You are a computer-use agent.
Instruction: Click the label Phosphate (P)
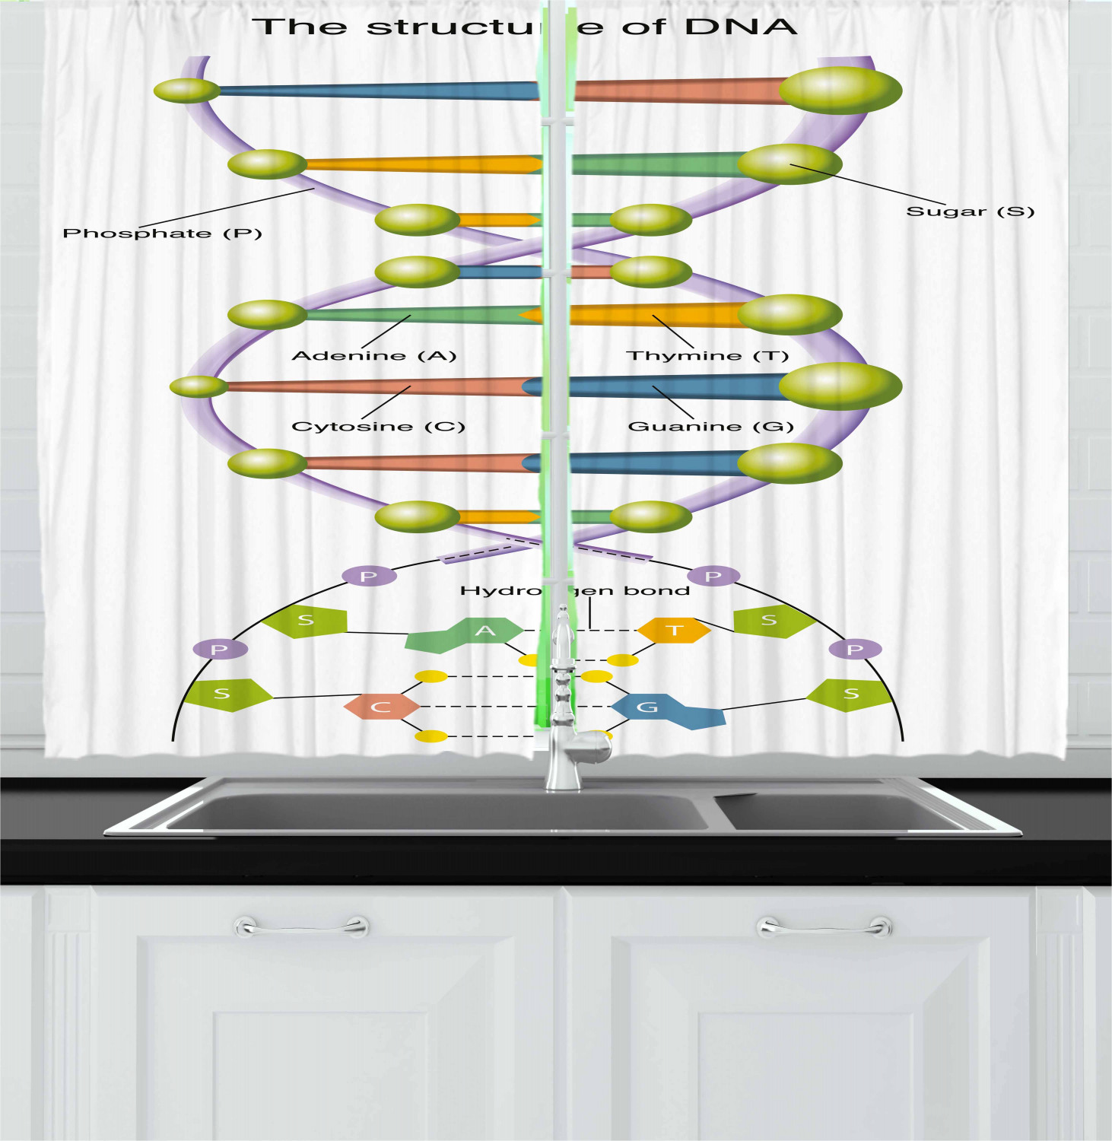tap(162, 234)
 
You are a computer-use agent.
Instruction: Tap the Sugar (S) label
tap(970, 211)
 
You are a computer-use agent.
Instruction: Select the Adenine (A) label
tap(373, 355)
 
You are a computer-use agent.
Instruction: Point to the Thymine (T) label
tap(707, 355)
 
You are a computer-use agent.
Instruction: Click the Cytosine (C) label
tap(378, 426)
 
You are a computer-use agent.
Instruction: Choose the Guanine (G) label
tap(710, 426)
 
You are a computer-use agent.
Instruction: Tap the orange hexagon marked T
tap(674, 630)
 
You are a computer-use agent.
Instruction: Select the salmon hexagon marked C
tap(381, 707)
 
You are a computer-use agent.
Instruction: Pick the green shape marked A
tap(472, 634)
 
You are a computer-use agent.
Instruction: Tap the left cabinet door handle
tap(302, 927)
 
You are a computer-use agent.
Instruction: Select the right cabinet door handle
tap(824, 927)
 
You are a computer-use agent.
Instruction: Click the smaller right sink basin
tap(837, 812)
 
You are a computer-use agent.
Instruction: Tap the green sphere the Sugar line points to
tap(789, 164)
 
